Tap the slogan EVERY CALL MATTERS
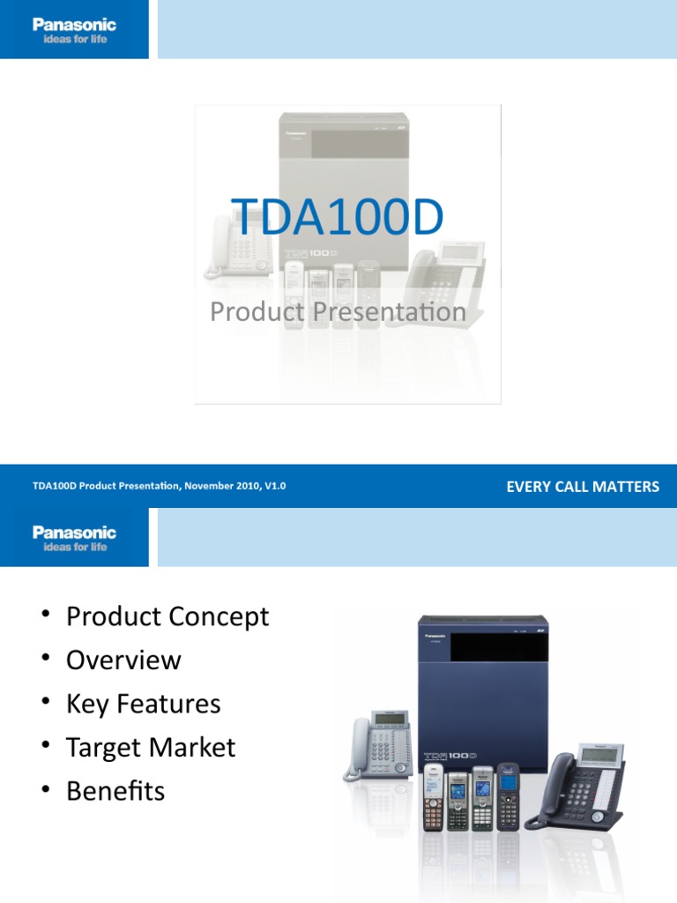pyautogui.click(x=582, y=487)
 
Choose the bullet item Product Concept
pyautogui.click(x=167, y=616)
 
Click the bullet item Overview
pyautogui.click(x=123, y=660)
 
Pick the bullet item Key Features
pyautogui.click(x=143, y=704)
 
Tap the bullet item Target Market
pyautogui.click(x=151, y=748)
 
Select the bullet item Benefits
pyautogui.click(x=115, y=791)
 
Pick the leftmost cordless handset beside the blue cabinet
pyautogui.click(x=433, y=797)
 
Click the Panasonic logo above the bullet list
pyautogui.click(x=74, y=533)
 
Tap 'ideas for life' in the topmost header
pyautogui.click(x=74, y=40)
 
